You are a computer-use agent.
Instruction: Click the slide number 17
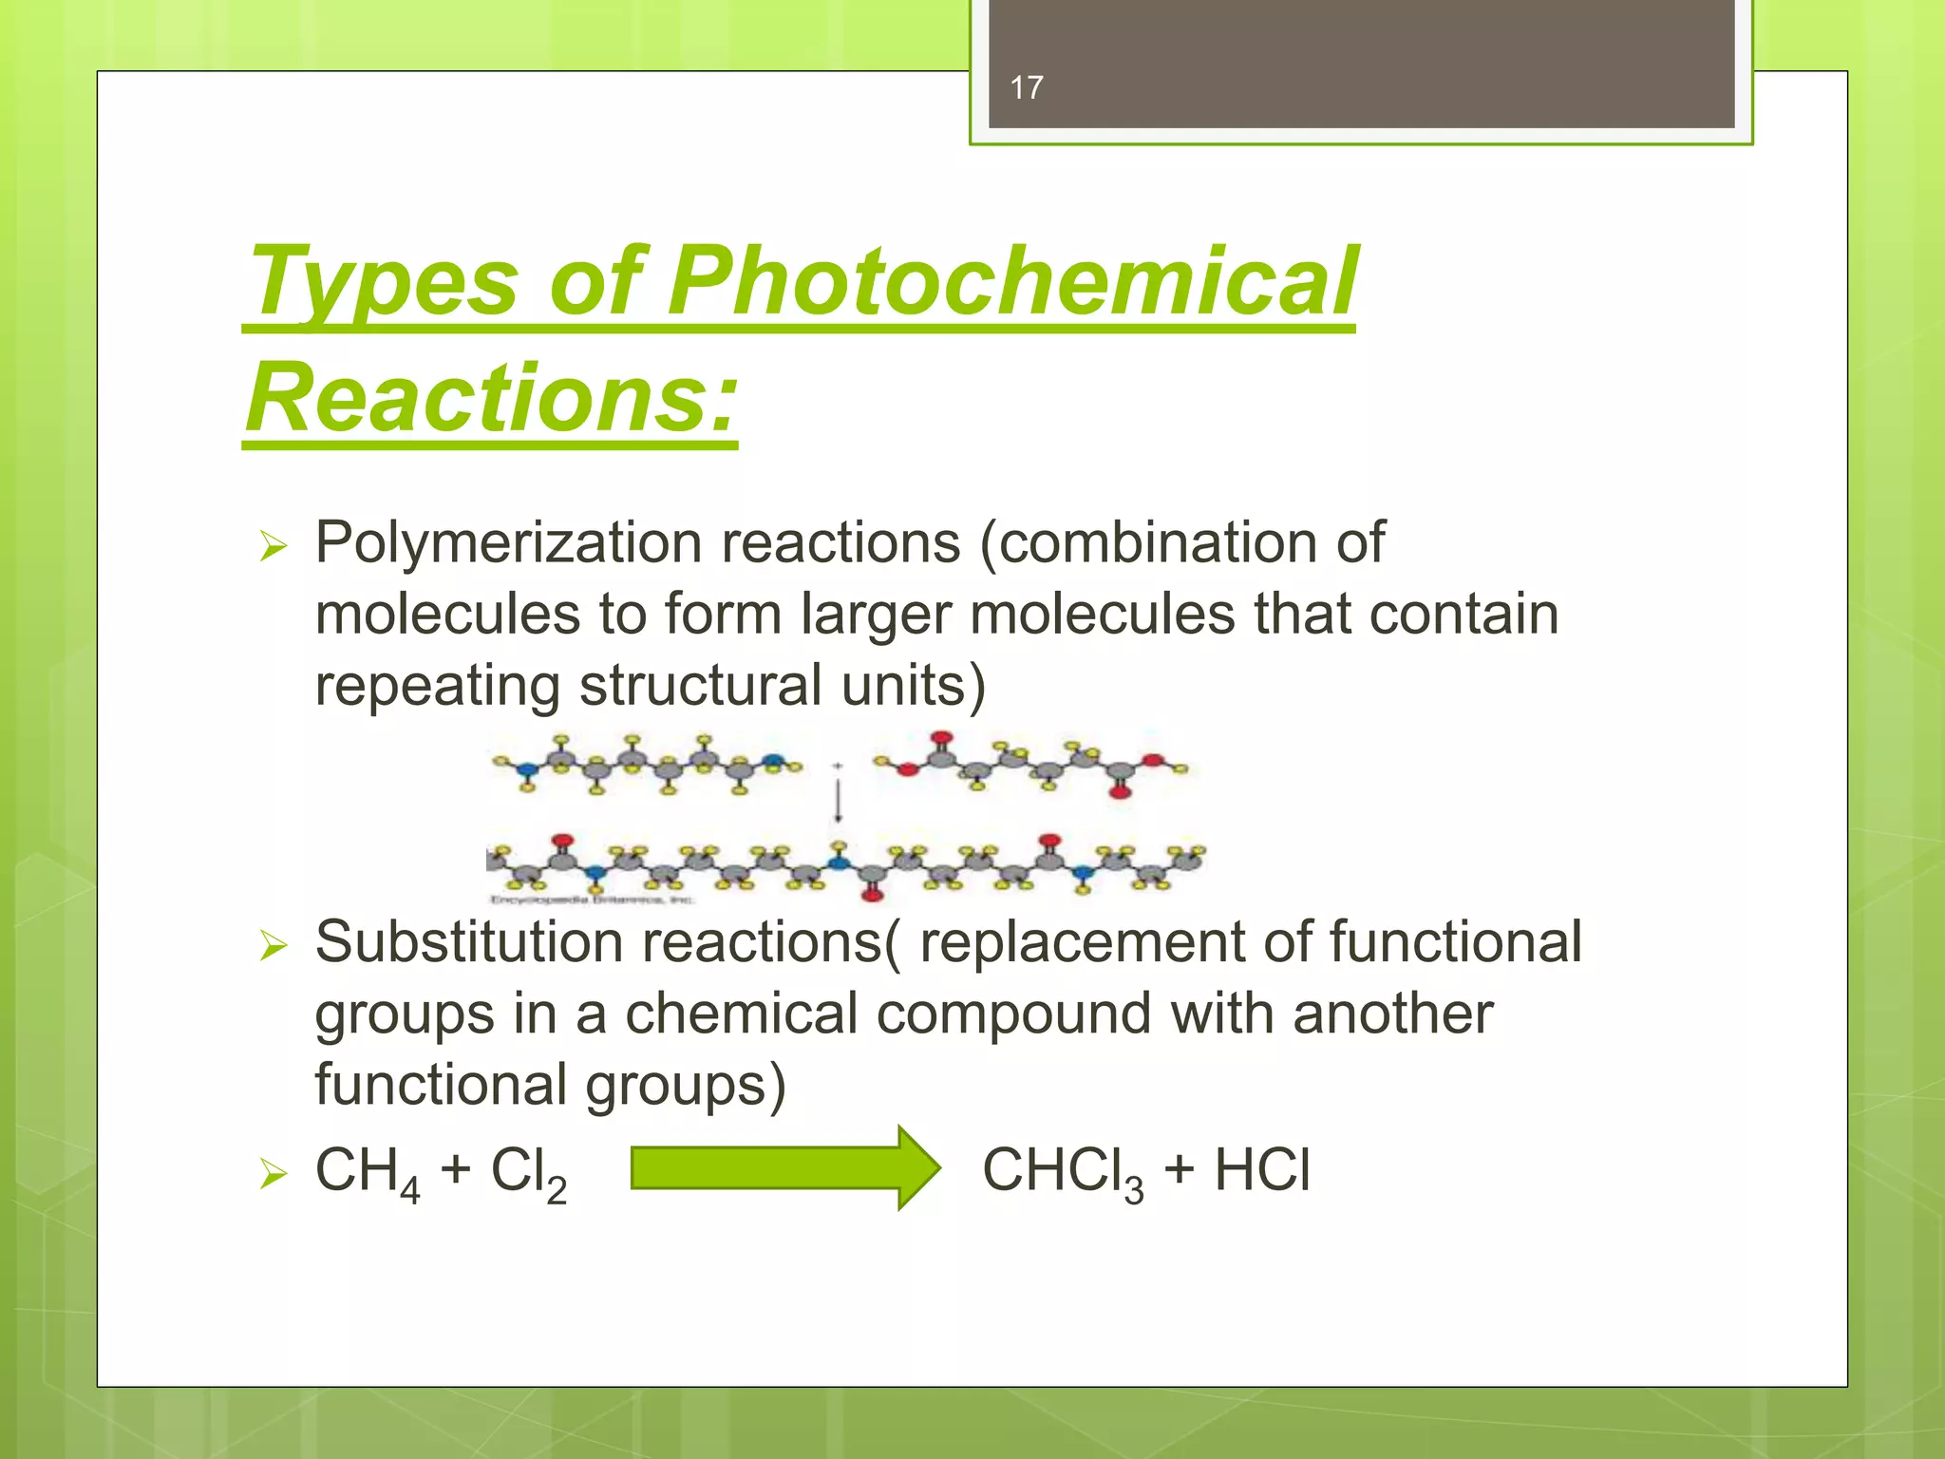coord(1027,88)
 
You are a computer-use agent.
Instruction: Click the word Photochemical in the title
coord(1012,282)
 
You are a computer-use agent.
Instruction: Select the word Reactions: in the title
coord(491,397)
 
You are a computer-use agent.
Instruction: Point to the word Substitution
coord(469,942)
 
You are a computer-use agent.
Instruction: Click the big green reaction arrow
coord(784,1167)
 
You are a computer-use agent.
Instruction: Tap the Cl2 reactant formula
coord(528,1171)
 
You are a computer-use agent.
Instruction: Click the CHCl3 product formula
coord(1062,1171)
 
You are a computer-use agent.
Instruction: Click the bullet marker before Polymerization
coord(273,546)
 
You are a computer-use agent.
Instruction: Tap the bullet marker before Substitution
coord(273,945)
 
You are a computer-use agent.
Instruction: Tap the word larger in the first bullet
coord(875,615)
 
